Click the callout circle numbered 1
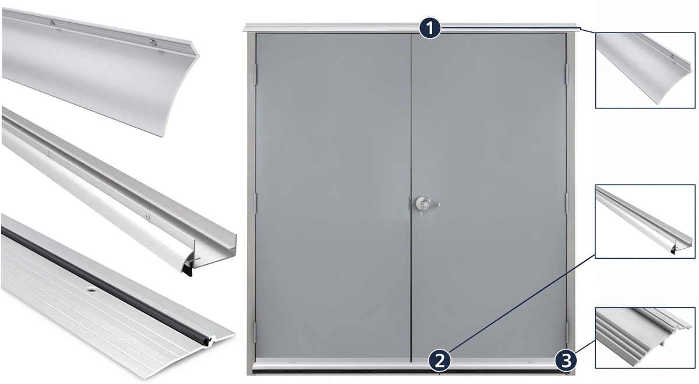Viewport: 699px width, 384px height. [430, 29]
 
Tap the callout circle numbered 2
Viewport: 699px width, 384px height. [439, 361]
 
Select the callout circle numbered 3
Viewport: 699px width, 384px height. [566, 361]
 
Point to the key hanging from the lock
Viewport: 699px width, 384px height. [421, 213]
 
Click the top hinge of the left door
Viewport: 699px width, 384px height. [255, 75]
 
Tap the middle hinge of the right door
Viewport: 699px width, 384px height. [567, 203]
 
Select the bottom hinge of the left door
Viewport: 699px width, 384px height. [255, 332]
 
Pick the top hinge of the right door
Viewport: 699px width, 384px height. [567, 75]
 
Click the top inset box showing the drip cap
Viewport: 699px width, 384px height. [645, 71]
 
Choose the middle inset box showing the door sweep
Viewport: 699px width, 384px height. [645, 221]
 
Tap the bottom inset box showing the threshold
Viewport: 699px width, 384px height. [645, 337]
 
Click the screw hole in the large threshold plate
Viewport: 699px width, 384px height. [91, 290]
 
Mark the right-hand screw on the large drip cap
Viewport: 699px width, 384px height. [153, 42]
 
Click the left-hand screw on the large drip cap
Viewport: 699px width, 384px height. [52, 22]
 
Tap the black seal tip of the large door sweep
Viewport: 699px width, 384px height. [189, 270]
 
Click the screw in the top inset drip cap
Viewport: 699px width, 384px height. [672, 57]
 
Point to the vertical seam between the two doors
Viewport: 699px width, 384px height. [411, 198]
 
